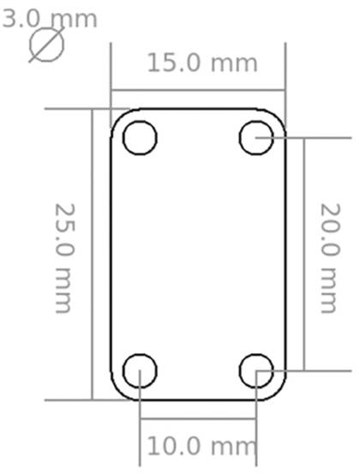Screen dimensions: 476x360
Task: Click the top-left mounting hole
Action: point(140,137)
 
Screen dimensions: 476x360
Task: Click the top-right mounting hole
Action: point(256,137)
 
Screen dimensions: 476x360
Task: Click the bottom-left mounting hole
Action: point(140,371)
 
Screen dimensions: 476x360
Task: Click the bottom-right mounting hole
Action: point(256,371)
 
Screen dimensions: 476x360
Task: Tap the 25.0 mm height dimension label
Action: point(65,257)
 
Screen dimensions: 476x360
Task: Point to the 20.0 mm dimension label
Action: point(329,257)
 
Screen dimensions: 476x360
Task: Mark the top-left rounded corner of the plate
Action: point(118,117)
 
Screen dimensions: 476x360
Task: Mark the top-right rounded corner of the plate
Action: point(278,117)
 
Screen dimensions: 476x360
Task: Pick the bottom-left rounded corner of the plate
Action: point(118,392)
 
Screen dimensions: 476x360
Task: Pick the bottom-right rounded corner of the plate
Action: point(278,392)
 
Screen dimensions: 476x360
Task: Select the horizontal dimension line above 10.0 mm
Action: point(197,419)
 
